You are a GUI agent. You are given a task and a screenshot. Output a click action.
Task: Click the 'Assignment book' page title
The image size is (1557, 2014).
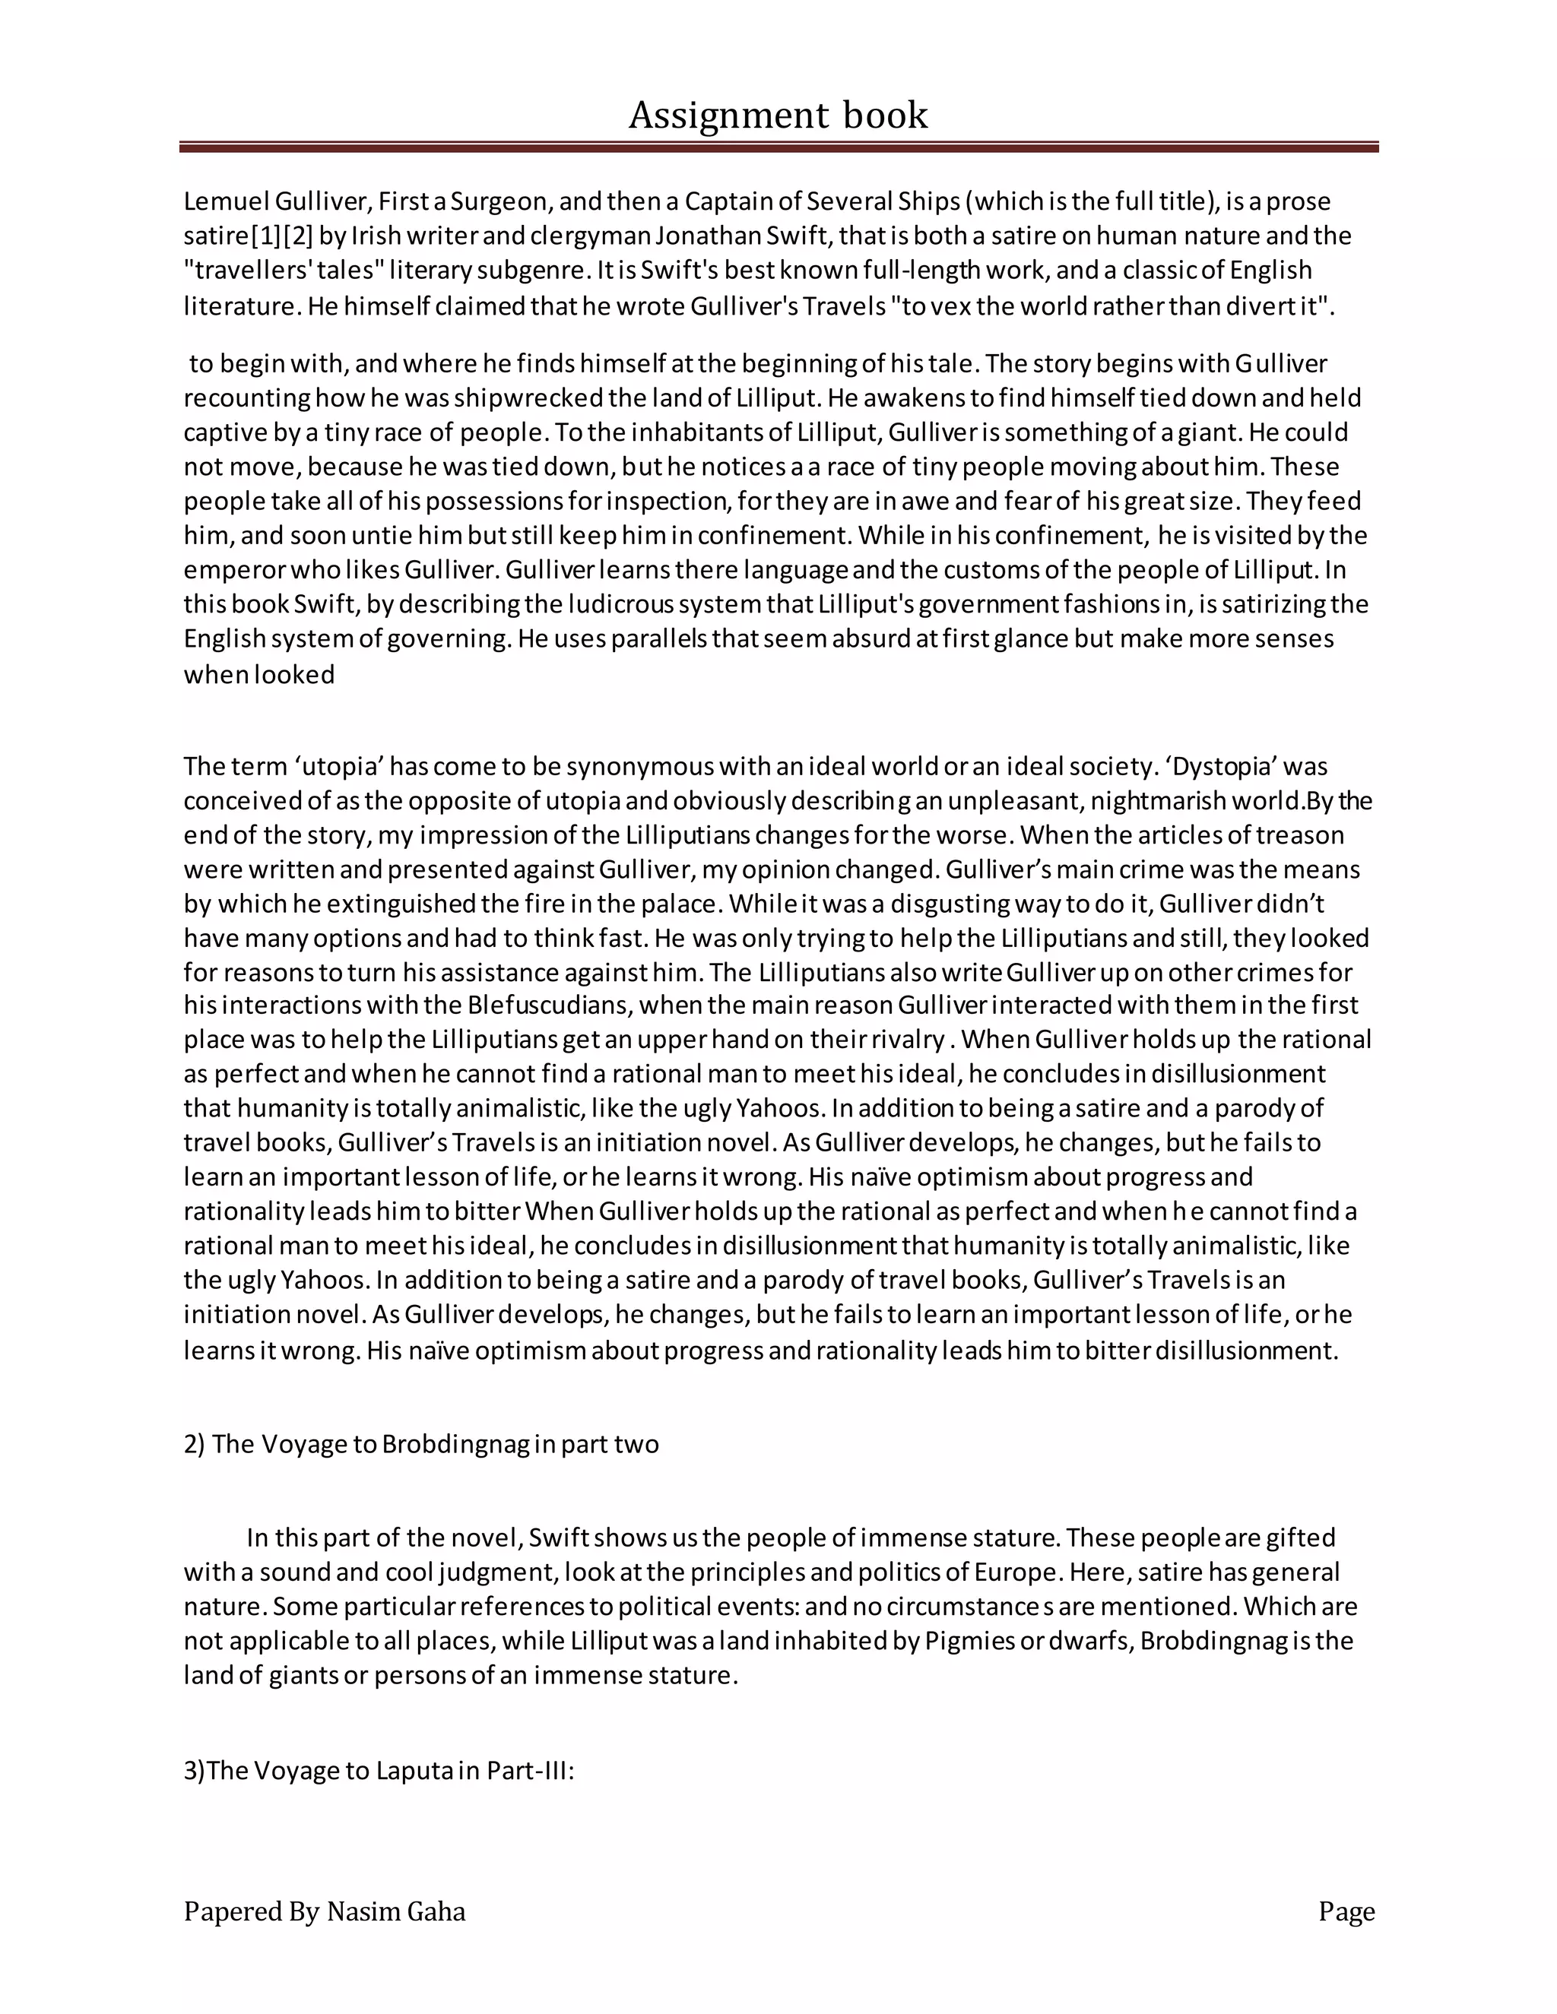tap(778, 116)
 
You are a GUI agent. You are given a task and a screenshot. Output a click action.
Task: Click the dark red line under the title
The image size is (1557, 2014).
tap(778, 147)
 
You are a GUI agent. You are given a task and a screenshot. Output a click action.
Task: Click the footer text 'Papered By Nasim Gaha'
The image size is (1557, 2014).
tap(324, 1911)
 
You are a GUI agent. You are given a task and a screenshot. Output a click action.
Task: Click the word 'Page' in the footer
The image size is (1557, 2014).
tap(1346, 1911)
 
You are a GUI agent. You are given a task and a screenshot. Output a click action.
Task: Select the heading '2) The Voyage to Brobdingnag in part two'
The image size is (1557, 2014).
tap(420, 1443)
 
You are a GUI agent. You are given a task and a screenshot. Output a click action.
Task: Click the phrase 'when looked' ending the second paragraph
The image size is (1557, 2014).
tap(259, 675)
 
